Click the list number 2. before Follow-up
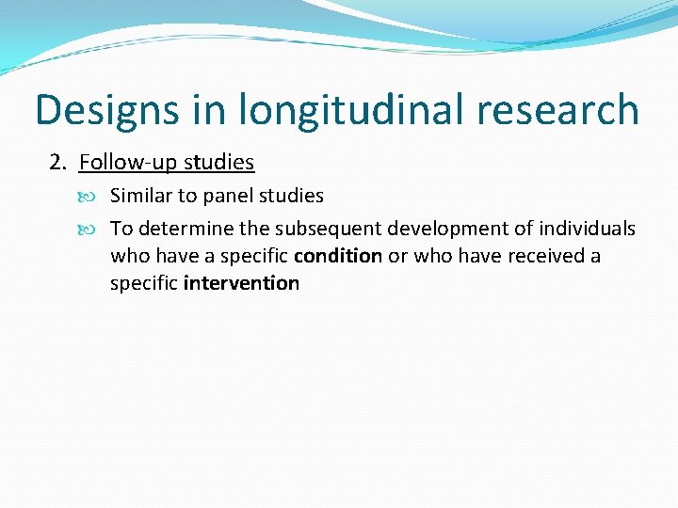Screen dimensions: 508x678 [x=58, y=163]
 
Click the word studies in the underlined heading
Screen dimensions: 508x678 [x=218, y=163]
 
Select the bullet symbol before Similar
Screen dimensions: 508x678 [x=97, y=197]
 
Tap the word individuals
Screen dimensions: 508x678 [x=587, y=229]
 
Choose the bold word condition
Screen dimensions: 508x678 [x=338, y=256]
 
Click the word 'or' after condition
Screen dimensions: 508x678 [x=398, y=256]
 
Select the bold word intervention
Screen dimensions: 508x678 [x=242, y=283]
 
